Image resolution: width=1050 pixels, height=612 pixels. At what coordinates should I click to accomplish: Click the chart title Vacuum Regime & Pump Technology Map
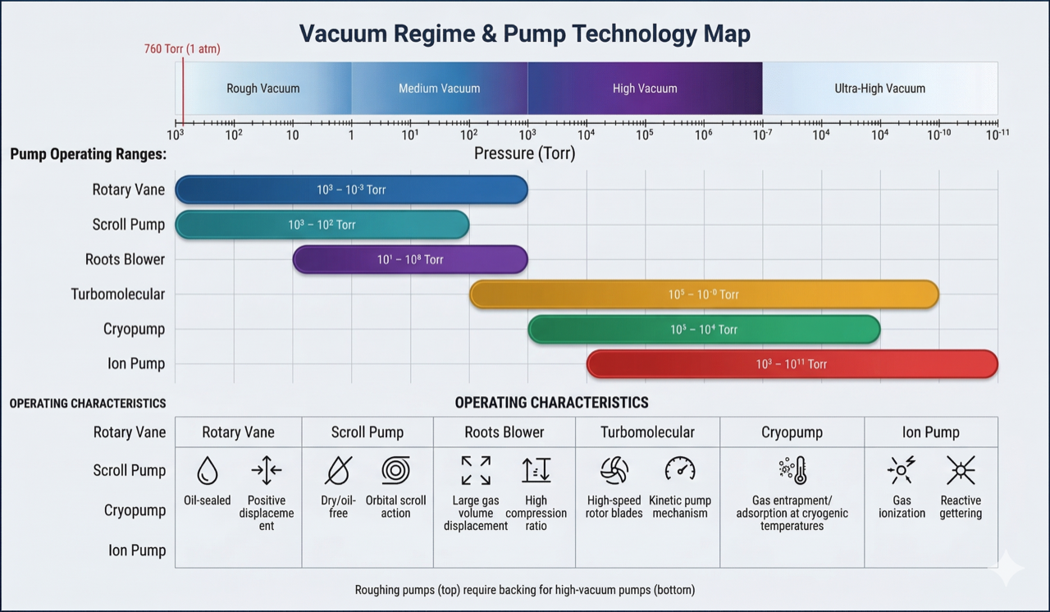[524, 34]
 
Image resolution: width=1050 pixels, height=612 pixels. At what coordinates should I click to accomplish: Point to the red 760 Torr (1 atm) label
[182, 49]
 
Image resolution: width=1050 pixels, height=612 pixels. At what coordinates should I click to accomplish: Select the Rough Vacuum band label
[263, 89]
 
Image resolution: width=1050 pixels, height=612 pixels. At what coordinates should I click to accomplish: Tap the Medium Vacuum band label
[439, 89]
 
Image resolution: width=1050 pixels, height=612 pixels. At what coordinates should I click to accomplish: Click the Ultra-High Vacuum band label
[879, 89]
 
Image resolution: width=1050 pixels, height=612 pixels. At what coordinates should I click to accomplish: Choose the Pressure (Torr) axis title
[524, 153]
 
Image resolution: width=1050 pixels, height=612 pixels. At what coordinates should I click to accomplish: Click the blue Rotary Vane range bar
[351, 190]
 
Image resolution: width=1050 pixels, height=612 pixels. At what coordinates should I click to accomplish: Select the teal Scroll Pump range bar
[322, 225]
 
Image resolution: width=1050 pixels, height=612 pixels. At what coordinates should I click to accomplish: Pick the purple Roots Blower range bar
[410, 259]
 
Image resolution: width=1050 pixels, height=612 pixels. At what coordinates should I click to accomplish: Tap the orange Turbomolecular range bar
[704, 295]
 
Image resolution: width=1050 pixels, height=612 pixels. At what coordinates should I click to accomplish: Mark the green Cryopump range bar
[704, 330]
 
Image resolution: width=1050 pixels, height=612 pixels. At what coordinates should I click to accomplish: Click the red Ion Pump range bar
[792, 364]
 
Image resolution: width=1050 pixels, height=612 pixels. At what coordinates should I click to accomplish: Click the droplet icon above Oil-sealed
[208, 470]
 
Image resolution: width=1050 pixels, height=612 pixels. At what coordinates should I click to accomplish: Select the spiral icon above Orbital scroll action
[395, 470]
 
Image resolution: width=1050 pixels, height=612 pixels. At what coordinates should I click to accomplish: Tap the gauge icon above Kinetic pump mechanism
[680, 469]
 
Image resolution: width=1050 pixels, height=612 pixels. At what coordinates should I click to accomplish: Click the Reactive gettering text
[961, 507]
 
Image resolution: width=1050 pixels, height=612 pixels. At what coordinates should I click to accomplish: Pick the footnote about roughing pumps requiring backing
[524, 590]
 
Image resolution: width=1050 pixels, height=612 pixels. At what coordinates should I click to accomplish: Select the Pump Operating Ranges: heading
[88, 154]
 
